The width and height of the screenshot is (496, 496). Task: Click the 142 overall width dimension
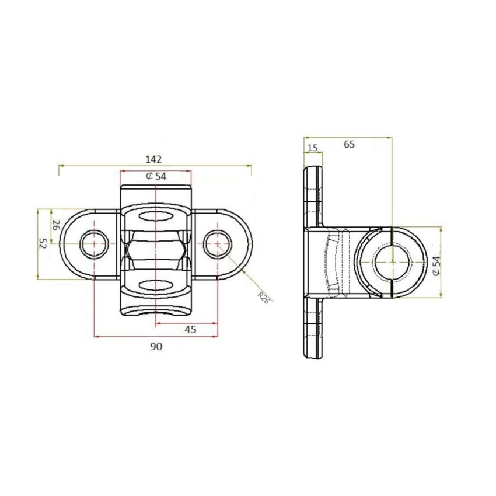(153, 159)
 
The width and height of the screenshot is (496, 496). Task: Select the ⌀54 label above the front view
(156, 176)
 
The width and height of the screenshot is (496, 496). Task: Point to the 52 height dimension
(42, 244)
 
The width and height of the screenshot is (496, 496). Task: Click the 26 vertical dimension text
(56, 226)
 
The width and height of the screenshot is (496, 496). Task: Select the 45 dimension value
(190, 330)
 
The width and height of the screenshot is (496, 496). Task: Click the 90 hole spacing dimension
(155, 346)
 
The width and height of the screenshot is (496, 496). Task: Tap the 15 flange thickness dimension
(313, 148)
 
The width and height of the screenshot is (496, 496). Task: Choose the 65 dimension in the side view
(348, 144)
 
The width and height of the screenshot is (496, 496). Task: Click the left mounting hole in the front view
(94, 244)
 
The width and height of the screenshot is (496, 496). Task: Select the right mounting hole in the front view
(217, 244)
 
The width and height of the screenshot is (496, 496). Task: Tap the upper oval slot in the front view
(155, 217)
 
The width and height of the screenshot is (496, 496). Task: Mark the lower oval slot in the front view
(155, 284)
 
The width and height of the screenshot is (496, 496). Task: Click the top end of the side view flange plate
(312, 170)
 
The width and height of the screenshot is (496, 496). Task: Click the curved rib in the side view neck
(333, 262)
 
